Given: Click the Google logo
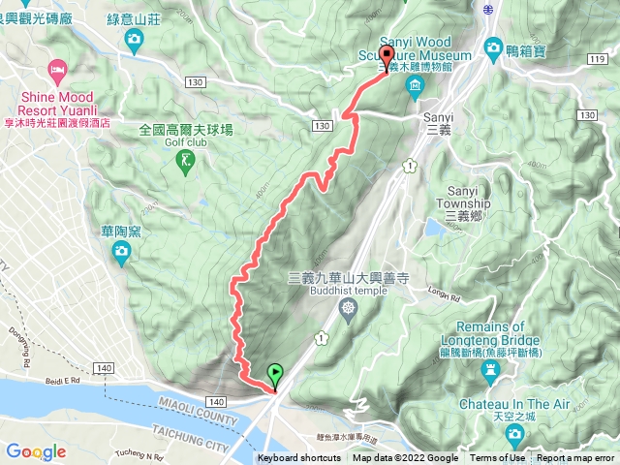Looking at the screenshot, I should [x=36, y=451].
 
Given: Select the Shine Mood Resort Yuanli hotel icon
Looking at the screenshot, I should [x=57, y=69].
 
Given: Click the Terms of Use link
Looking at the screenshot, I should [x=498, y=458].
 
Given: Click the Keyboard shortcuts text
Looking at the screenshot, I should [x=298, y=458].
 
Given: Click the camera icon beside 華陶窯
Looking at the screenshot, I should [x=122, y=253].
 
